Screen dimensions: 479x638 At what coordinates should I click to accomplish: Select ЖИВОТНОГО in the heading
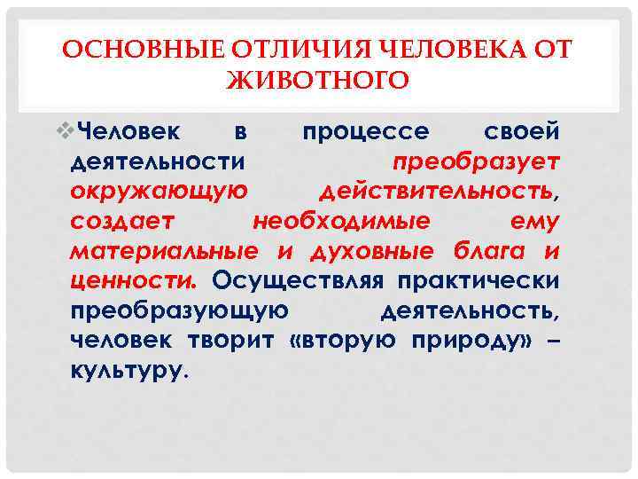coord(318,82)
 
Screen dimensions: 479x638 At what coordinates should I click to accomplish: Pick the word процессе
coord(366,133)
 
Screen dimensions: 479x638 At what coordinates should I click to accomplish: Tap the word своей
coord(523,133)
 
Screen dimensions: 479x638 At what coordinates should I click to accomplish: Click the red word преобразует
coord(476,162)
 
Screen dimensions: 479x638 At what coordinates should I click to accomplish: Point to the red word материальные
coord(164,250)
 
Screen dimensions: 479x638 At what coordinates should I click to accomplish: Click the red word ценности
coord(133,280)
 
